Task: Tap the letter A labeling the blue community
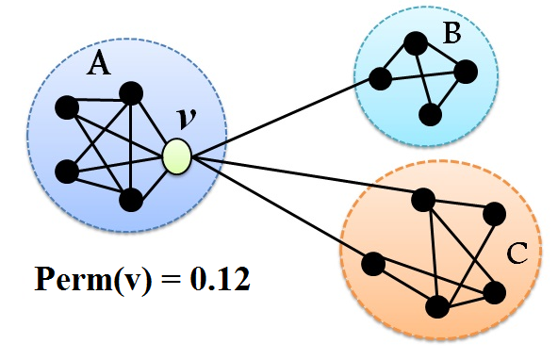tap(98, 64)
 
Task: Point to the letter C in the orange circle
tap(516, 254)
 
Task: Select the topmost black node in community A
tap(131, 92)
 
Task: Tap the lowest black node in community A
tap(131, 199)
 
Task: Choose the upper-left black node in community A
tap(66, 107)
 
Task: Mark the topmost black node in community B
tap(414, 42)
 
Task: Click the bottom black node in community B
tap(430, 115)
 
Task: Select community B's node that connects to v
tap(381, 78)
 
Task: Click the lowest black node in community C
tap(436, 307)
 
